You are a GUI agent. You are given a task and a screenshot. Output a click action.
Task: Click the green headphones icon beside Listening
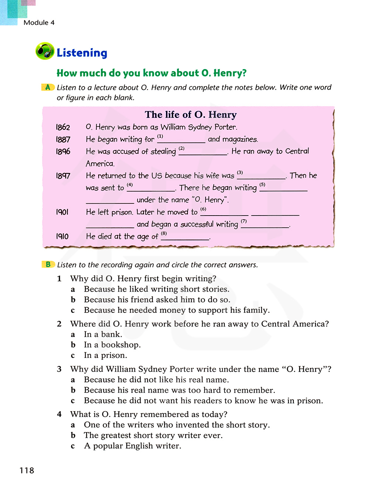tap(45, 51)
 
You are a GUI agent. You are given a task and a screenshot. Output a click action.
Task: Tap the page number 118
tap(27, 470)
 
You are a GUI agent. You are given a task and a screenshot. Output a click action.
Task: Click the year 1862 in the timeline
tap(63, 127)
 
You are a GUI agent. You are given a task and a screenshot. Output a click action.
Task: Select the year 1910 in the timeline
tap(62, 236)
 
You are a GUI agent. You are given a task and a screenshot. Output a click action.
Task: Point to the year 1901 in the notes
tap(62, 212)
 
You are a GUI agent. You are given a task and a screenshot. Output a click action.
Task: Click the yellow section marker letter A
tap(48, 87)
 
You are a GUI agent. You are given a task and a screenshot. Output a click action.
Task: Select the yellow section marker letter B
tap(48, 264)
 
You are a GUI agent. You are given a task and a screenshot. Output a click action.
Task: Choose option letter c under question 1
tap(73, 310)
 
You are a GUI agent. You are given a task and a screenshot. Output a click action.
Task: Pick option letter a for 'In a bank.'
tap(73, 335)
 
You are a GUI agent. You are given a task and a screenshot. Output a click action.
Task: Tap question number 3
tap(59, 369)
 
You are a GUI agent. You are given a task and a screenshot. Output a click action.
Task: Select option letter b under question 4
tap(73, 435)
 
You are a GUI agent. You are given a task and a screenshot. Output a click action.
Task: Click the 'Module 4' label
tap(39, 23)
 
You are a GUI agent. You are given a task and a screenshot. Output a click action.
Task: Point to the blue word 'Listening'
tap(82, 53)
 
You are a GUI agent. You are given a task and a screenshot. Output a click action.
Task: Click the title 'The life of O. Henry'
tap(190, 115)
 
